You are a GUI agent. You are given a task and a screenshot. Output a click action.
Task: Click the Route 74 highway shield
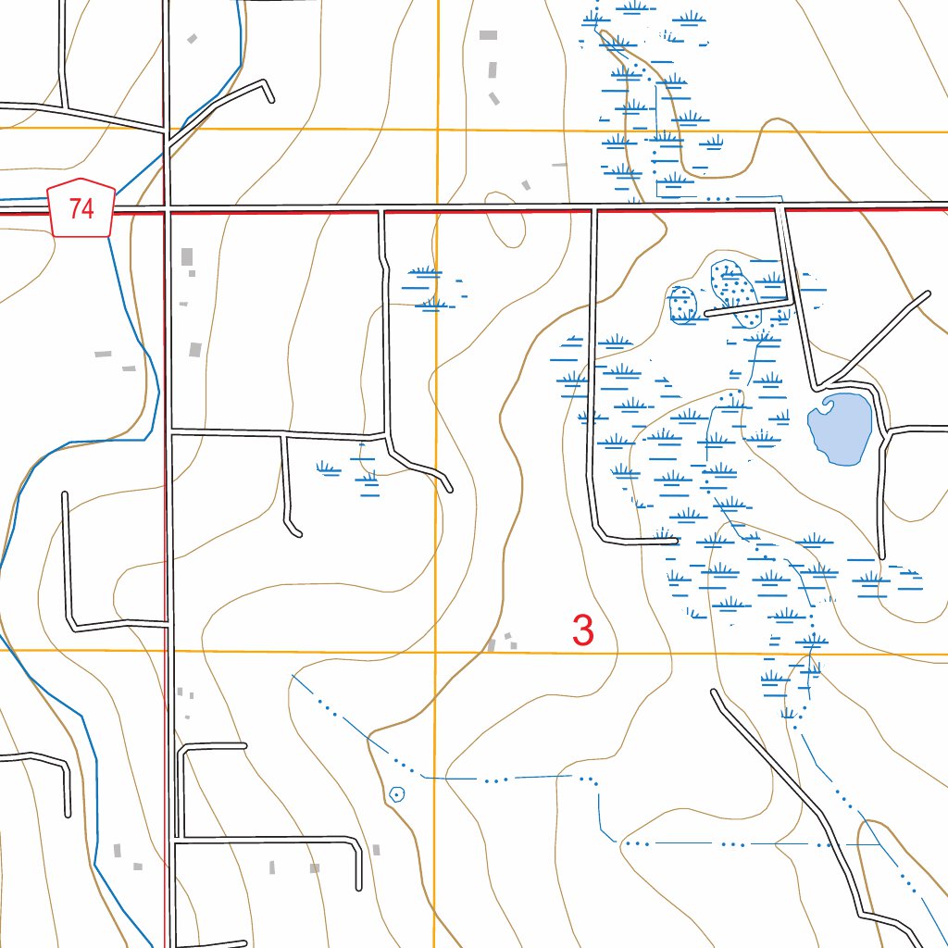(x=81, y=208)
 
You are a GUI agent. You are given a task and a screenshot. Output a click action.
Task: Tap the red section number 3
(x=582, y=630)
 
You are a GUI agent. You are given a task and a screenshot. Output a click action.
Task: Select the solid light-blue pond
(x=841, y=427)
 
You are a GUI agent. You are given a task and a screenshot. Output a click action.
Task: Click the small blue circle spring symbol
(x=397, y=793)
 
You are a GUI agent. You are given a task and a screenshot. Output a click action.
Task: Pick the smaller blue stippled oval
(x=682, y=304)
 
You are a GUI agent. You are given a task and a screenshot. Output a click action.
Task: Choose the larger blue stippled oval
(x=735, y=293)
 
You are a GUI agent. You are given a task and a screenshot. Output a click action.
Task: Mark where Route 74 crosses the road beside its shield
(x=168, y=209)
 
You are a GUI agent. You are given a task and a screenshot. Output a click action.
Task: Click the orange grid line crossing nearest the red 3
(x=436, y=652)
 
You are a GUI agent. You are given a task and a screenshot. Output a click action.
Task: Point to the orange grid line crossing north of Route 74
(x=437, y=130)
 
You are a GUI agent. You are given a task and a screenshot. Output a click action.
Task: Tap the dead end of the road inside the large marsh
(x=678, y=541)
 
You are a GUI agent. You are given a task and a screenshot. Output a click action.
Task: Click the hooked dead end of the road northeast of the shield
(x=272, y=98)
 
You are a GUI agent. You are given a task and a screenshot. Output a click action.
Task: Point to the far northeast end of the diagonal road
(x=927, y=295)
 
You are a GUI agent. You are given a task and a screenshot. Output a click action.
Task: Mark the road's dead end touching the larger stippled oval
(x=707, y=314)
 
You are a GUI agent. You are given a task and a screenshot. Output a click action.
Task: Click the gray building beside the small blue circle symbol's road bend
(x=375, y=849)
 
